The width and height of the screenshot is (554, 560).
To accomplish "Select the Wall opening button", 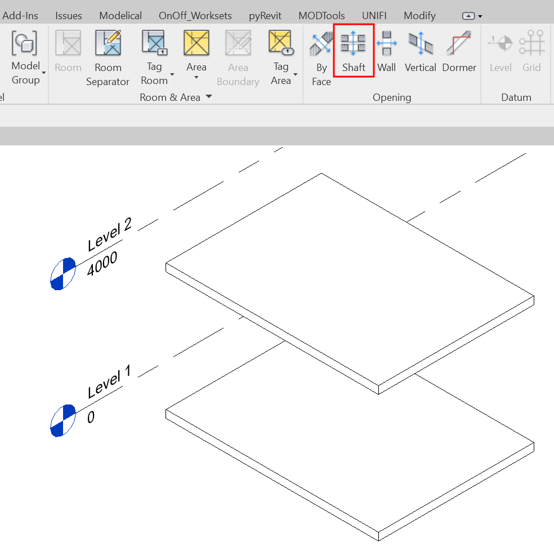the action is point(387,51).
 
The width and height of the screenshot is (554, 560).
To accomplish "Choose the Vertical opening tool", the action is point(421,51).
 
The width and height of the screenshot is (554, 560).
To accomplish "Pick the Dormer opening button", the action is point(459,51).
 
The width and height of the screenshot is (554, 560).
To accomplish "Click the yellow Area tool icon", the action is point(196,43).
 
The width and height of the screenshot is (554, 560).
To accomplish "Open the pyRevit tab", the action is point(265,16).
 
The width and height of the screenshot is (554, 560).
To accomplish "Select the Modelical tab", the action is point(120,16).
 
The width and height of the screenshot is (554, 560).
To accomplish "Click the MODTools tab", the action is point(321,16).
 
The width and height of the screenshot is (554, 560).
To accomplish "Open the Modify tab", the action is point(420,16).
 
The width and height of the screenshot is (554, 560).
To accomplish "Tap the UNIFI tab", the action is point(374,16).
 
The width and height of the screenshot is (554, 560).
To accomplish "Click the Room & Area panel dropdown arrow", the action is point(209,96).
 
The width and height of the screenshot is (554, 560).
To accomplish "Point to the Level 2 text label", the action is point(110,234).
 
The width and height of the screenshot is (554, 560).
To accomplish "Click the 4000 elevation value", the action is point(102,264).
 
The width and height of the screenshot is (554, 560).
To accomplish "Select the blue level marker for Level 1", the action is point(63,420).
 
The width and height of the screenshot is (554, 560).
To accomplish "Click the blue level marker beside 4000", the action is point(63,274).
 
